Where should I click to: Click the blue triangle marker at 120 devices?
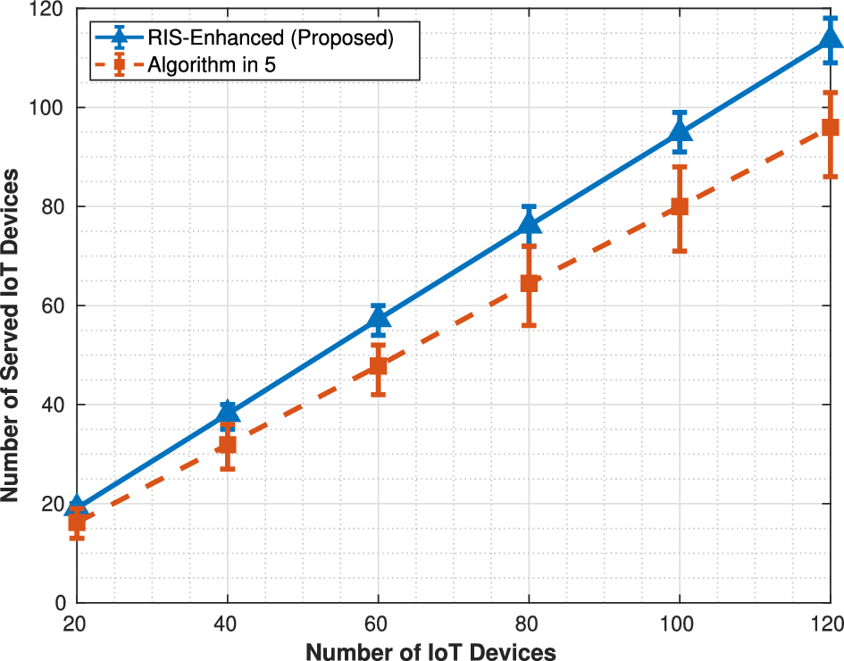click(x=830, y=38)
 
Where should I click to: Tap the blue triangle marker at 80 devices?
click(x=529, y=223)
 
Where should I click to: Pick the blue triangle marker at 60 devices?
click(x=379, y=318)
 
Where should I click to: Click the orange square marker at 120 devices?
click(x=830, y=128)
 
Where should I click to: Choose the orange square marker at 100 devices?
click(x=680, y=206)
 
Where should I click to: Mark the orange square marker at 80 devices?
click(x=529, y=283)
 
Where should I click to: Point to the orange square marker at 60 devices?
click(x=379, y=365)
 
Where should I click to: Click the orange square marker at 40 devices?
click(x=228, y=445)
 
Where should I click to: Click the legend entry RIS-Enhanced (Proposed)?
click(x=271, y=38)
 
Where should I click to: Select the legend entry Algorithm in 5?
click(x=212, y=65)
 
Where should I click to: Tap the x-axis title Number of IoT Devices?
click(x=430, y=652)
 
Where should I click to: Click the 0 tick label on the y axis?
click(x=61, y=603)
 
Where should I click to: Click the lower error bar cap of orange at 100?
click(x=680, y=251)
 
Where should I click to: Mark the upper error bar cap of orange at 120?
click(x=830, y=92)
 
